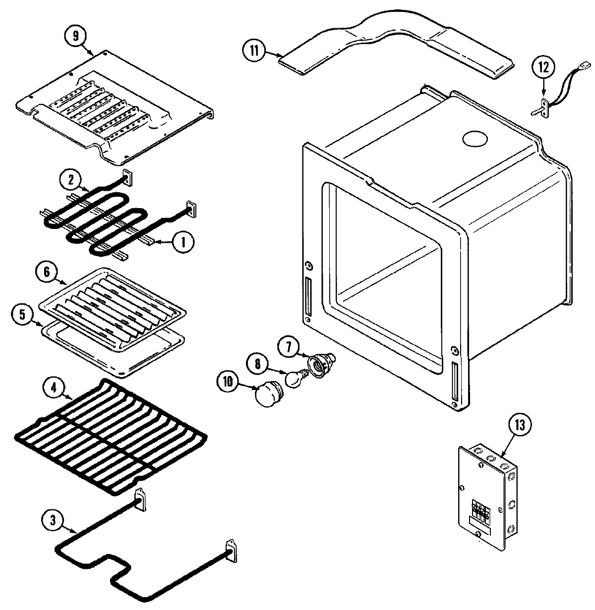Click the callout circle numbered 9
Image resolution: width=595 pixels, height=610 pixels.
pos(76,37)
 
